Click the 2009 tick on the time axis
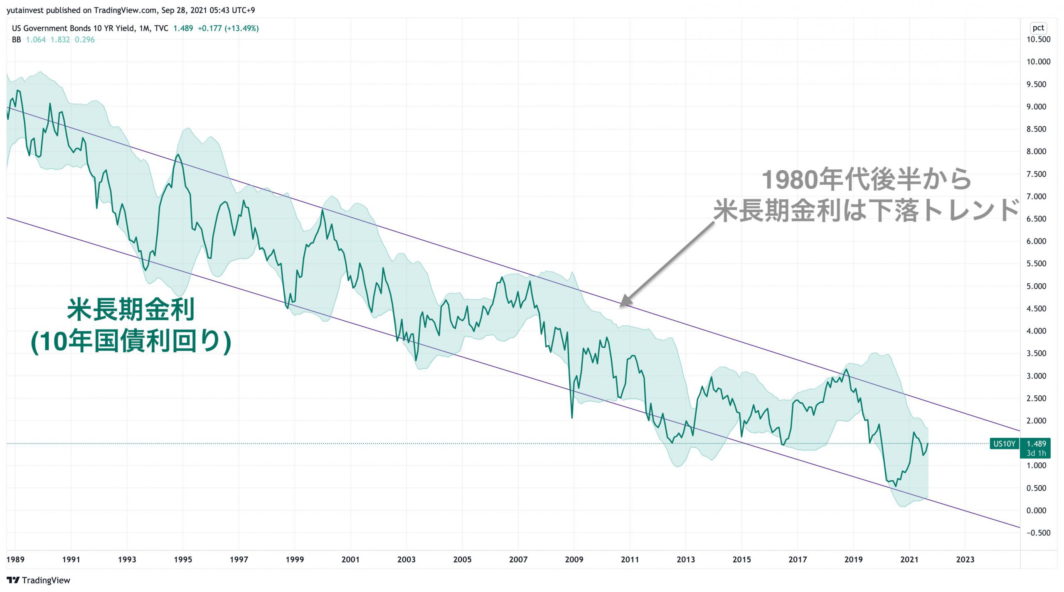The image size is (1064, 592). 574,559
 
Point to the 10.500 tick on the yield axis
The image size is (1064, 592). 1038,39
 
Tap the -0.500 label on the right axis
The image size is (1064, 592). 1038,533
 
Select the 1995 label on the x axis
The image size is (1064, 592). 183,559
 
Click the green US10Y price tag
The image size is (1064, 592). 1004,444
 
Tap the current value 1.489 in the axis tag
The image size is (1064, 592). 1036,444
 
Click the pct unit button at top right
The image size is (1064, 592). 1038,28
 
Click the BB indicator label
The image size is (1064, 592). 16,40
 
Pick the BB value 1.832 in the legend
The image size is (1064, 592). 60,40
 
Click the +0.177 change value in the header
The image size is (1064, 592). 210,28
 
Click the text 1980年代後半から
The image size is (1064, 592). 866,180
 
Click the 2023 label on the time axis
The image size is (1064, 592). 965,559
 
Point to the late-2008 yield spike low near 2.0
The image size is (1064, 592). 572,417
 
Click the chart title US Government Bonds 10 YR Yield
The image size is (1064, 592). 73,28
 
